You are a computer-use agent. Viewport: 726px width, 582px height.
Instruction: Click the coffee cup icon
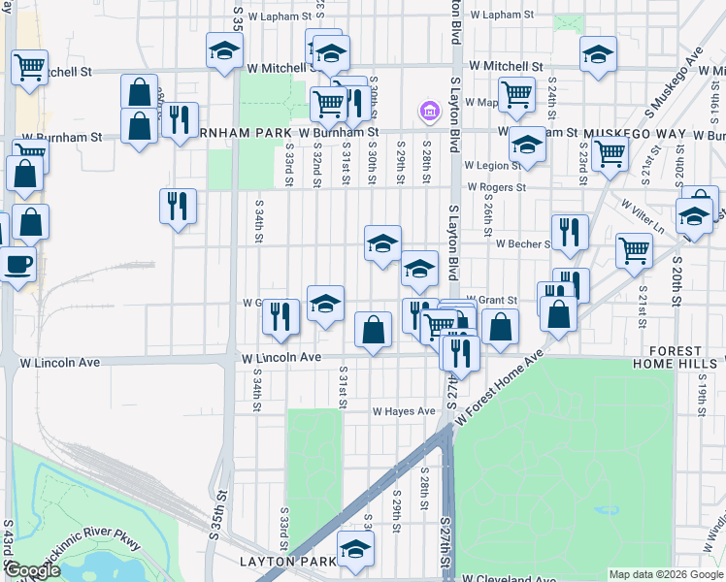pos(18,264)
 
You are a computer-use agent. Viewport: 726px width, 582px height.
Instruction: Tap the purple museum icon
pos(428,112)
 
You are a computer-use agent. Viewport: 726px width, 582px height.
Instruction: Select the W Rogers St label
pos(496,187)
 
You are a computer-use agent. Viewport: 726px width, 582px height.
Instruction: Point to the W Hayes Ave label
pos(405,411)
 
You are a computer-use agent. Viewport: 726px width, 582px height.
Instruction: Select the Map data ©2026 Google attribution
pos(666,574)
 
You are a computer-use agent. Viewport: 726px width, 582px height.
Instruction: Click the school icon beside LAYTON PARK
pos(355,549)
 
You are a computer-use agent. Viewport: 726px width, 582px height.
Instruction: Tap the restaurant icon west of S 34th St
pos(178,206)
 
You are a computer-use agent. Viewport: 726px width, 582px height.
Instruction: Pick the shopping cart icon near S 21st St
pos(634,249)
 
